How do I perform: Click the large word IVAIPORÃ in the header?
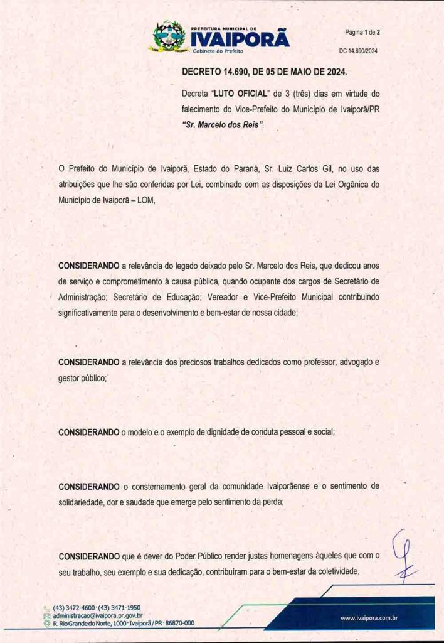(240, 40)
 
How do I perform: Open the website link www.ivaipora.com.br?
(369, 619)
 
